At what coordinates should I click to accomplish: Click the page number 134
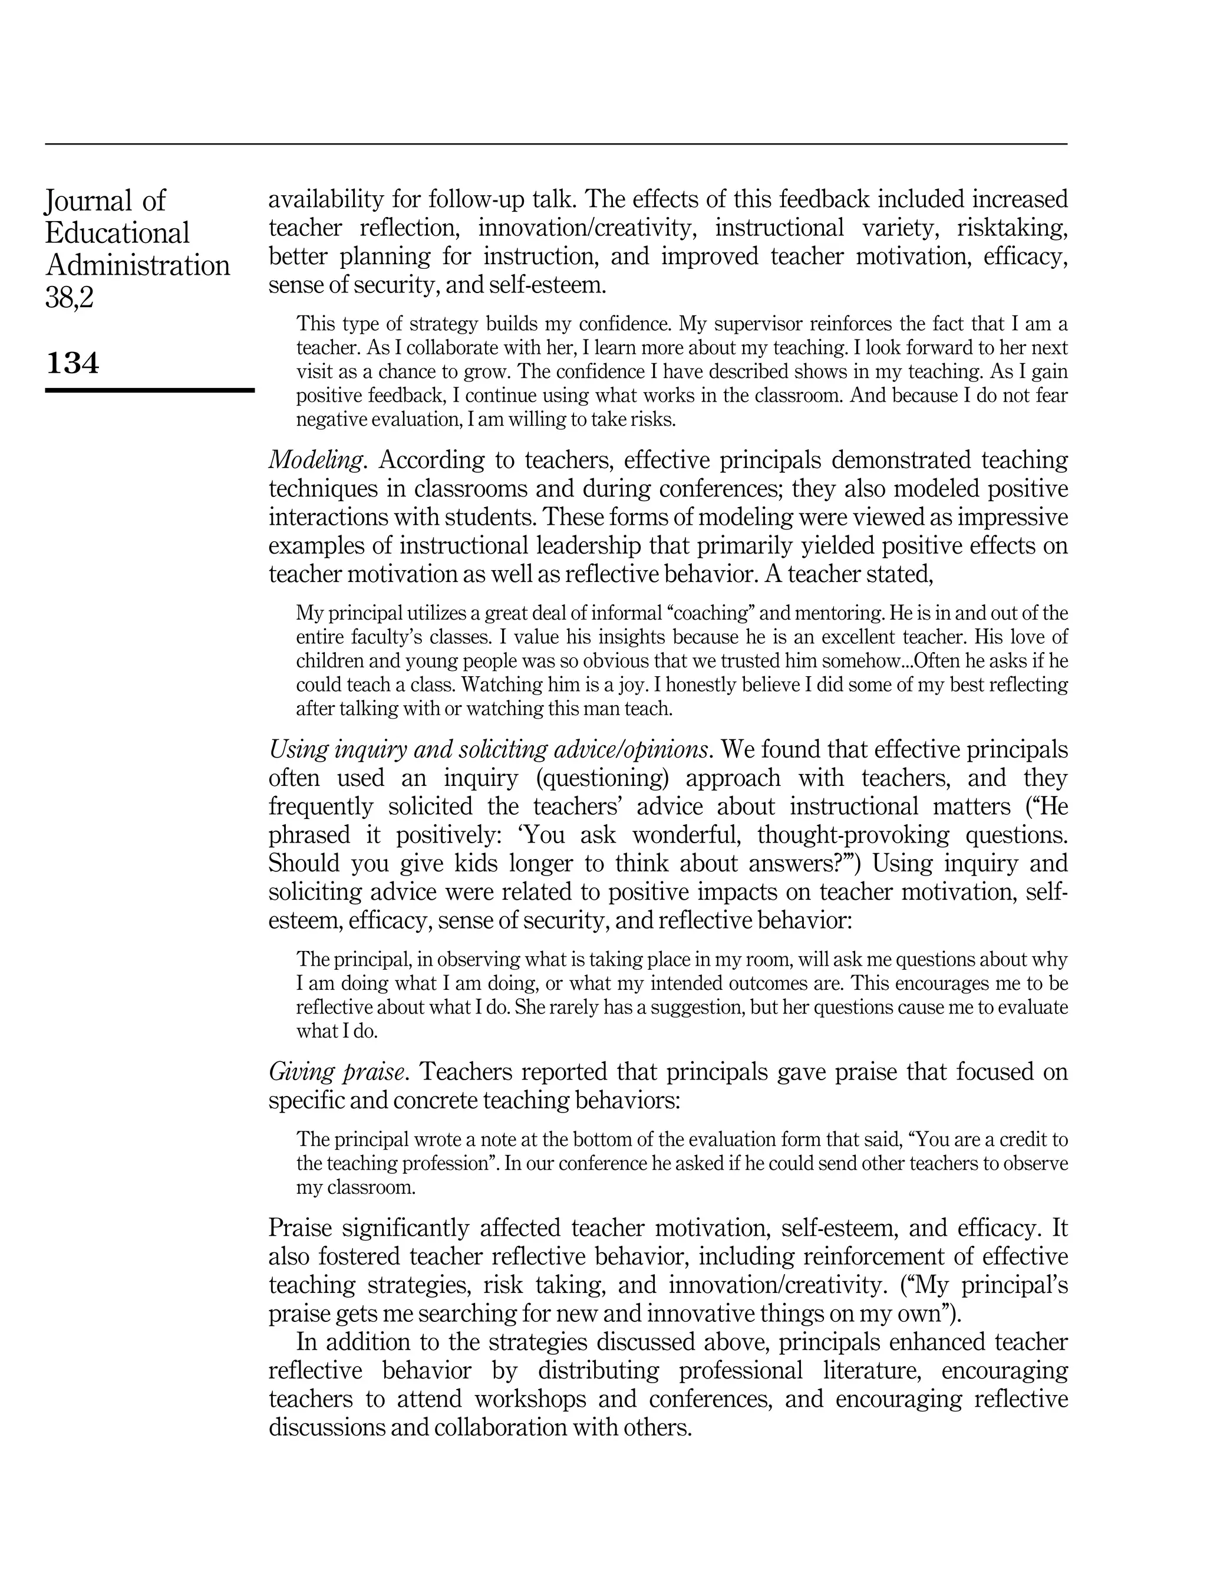click(72, 363)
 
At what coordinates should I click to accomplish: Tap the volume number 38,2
click(70, 297)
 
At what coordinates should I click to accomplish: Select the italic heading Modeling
click(315, 460)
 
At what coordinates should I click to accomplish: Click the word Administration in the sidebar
click(138, 265)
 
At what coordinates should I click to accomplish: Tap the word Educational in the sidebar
click(117, 233)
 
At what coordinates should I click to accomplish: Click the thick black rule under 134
click(150, 390)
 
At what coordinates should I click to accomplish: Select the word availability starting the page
click(324, 199)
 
